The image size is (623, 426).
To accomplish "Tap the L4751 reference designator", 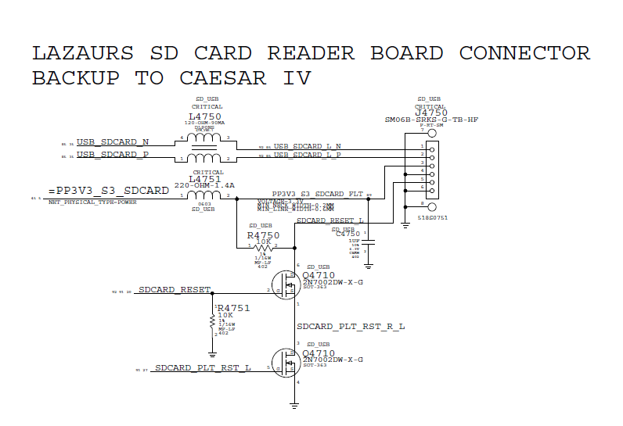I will pos(206,179).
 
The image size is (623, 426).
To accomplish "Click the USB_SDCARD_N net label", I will pos(113,142).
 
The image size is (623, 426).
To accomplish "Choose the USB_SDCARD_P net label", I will pos(113,155).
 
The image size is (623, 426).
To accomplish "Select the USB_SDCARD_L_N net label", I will pos(307,146).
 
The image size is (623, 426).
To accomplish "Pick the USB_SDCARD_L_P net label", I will pos(307,156).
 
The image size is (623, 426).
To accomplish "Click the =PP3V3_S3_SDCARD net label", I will pos(108,190).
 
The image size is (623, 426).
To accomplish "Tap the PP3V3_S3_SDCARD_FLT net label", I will pos(317,193).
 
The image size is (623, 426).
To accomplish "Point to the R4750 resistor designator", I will pos(263,235).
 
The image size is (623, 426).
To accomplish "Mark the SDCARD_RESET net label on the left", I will pos(174,289).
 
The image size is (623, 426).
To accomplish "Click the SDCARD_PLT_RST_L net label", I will pos(203,367).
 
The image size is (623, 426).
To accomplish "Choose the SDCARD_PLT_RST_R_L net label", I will pos(351,326).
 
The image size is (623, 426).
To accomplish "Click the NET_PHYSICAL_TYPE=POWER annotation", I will pos(92,202).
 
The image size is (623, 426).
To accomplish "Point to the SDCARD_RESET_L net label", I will pos(331,221).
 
